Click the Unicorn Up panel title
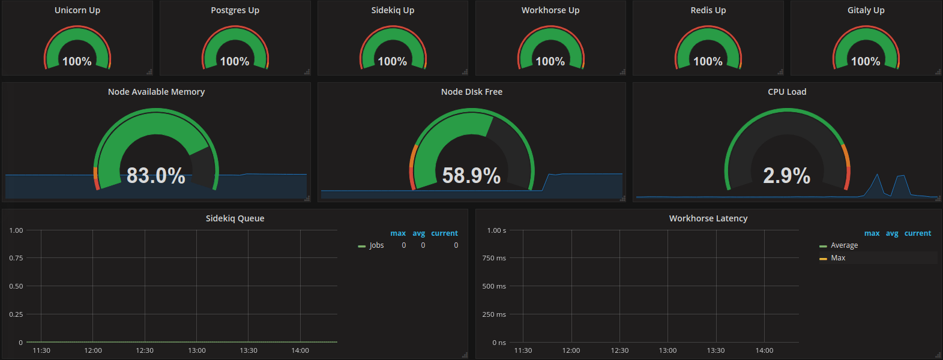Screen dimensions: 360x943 coord(77,10)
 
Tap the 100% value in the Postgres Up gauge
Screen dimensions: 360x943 coord(235,61)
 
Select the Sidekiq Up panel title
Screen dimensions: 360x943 coord(393,10)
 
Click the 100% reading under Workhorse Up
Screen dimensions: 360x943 coord(550,61)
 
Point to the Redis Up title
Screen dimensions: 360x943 coord(708,10)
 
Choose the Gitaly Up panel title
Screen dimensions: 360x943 coord(866,10)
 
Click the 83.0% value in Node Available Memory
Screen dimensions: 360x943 coord(156,175)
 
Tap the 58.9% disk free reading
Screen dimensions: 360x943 coord(471,175)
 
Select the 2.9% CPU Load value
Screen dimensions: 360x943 coord(786,175)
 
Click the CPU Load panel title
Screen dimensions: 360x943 coord(787,92)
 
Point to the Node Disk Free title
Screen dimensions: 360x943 coord(471,92)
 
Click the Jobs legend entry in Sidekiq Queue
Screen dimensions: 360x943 coord(376,245)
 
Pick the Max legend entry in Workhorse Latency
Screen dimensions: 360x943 coord(838,258)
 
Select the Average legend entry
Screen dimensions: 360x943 coord(844,245)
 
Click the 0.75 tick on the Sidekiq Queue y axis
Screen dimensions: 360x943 coord(16,258)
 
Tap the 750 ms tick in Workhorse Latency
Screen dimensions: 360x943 coord(494,258)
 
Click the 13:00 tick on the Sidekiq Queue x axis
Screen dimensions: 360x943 coord(197,350)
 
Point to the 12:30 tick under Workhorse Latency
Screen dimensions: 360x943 coord(619,350)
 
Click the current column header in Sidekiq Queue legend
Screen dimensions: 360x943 coord(444,233)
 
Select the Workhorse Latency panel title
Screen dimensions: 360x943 coord(708,218)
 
